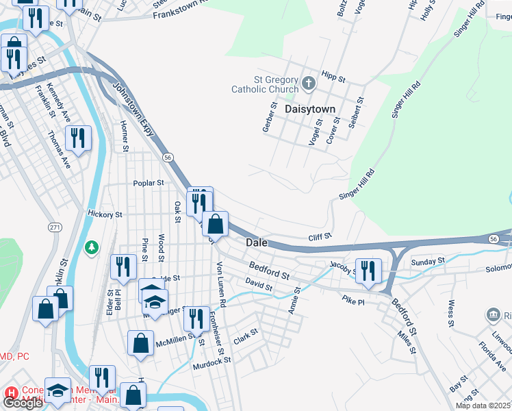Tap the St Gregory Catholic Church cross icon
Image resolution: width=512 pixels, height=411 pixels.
click(309, 84)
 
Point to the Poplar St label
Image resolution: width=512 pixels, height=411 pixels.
click(149, 184)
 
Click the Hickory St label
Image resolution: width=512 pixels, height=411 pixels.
click(105, 214)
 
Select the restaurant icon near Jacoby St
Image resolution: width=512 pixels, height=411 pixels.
click(369, 269)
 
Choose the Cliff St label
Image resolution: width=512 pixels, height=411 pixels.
click(319, 236)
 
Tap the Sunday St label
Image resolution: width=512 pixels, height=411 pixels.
click(428, 262)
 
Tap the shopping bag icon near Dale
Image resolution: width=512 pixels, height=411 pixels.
click(216, 223)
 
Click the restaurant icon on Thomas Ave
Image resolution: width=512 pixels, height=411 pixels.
click(79, 139)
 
